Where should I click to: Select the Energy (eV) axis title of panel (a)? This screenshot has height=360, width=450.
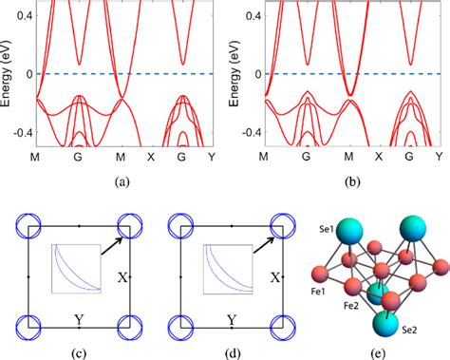pyautogui.click(x=7, y=71)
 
